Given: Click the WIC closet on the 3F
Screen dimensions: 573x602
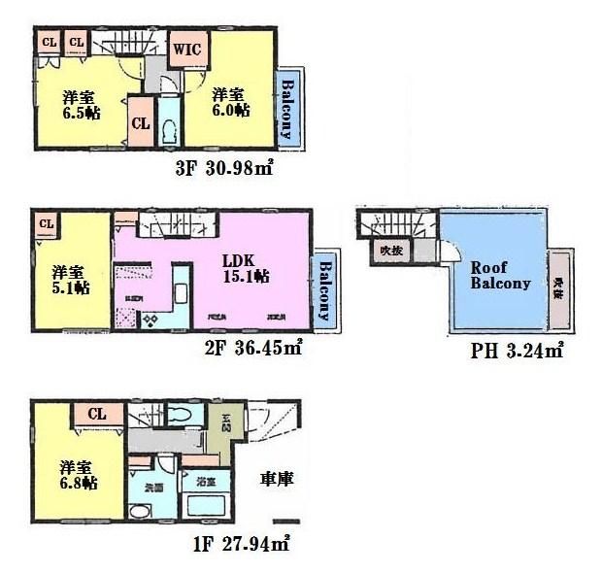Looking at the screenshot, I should (x=187, y=49).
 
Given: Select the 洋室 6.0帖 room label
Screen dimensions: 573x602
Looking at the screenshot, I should (x=230, y=102).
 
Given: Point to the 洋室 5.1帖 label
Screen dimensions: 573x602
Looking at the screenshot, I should (x=70, y=279).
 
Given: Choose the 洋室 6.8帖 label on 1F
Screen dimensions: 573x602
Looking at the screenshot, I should (x=76, y=472).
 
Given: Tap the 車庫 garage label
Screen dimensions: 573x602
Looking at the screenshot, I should (x=277, y=480).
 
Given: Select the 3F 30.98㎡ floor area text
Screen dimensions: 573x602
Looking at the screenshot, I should (x=223, y=168).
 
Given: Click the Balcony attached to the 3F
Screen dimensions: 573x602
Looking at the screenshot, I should (x=288, y=107).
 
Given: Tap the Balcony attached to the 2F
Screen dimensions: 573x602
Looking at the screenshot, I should (x=325, y=290).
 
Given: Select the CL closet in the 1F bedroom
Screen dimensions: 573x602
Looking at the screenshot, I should (x=97, y=415).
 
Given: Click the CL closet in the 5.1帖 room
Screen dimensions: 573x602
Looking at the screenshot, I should (x=46, y=224).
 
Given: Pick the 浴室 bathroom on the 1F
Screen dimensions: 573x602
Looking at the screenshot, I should (x=206, y=483).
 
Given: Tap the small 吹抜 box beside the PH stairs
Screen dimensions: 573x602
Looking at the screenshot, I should (x=391, y=250).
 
